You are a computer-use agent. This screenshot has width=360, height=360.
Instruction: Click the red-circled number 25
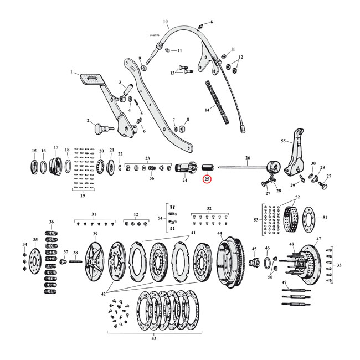click(x=207, y=179)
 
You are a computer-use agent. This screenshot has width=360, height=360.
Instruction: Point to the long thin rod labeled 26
click(x=244, y=167)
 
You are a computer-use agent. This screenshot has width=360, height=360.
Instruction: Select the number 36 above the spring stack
click(x=52, y=222)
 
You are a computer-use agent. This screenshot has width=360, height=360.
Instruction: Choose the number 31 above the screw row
click(x=94, y=214)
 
